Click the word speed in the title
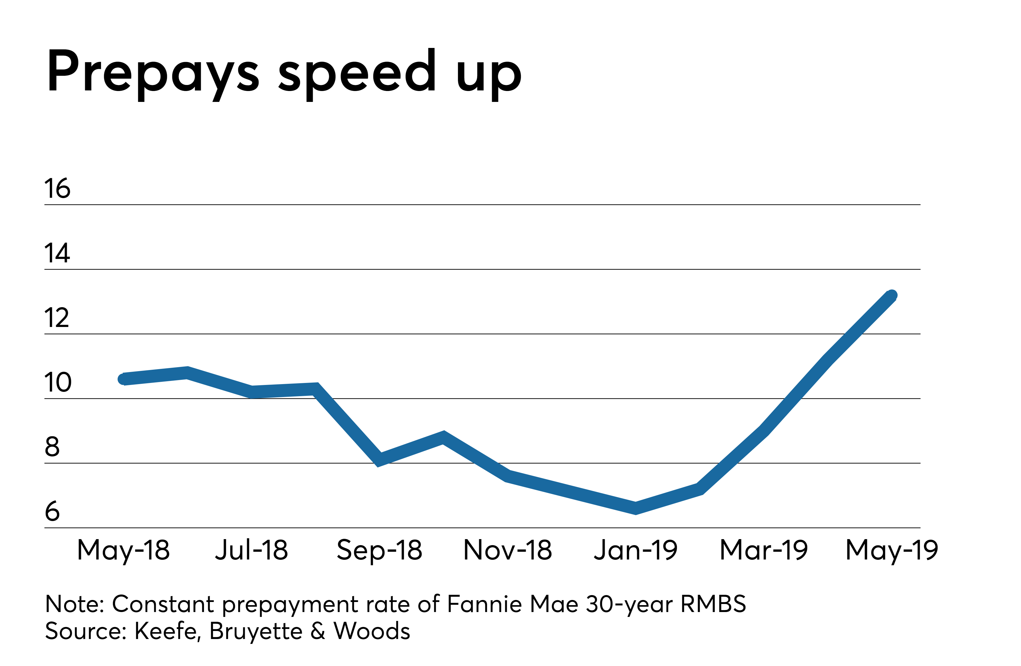357,72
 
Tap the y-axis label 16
57,189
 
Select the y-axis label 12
56,318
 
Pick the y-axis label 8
52,447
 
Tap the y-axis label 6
52,512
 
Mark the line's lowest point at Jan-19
635,508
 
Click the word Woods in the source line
371,631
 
